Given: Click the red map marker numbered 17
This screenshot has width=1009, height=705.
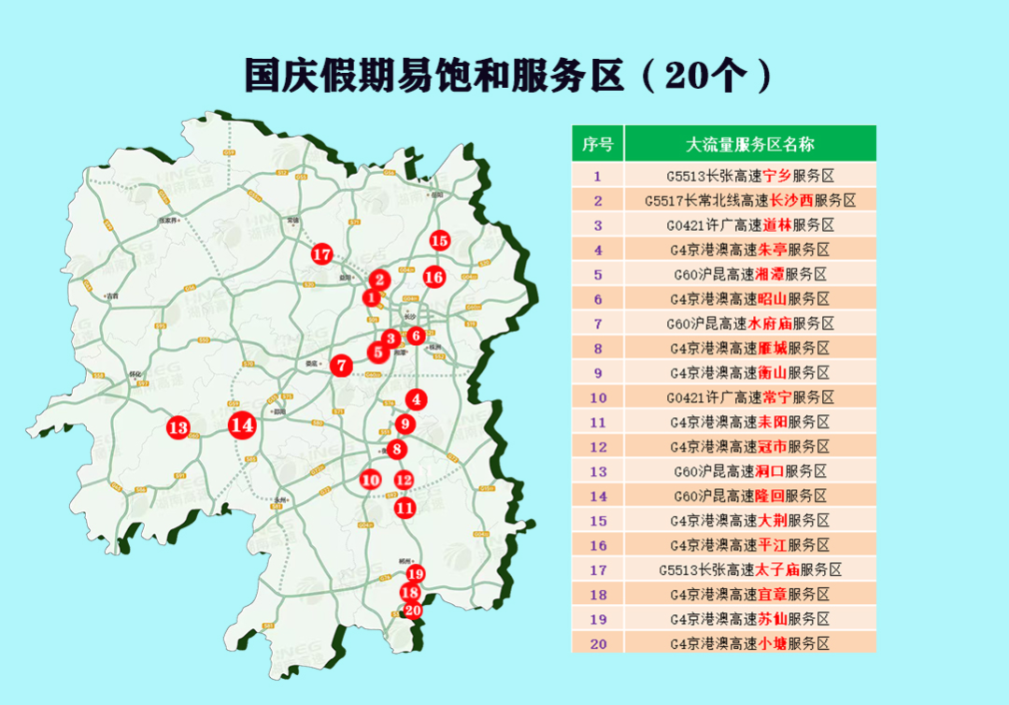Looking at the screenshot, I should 322,253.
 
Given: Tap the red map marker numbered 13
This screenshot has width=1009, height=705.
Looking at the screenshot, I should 178,428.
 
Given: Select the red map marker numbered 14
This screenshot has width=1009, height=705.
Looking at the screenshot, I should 242,424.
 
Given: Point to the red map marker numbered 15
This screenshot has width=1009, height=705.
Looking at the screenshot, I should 440,240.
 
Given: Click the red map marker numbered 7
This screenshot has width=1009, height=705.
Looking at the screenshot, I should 343,366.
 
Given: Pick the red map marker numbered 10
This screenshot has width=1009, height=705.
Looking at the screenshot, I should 371,480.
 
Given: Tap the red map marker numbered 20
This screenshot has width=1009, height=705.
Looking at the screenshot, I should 412,610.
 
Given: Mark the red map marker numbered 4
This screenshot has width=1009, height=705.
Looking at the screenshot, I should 417,399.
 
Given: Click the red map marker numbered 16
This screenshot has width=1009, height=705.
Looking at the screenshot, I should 433,277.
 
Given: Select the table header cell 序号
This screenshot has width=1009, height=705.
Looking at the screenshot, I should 598,144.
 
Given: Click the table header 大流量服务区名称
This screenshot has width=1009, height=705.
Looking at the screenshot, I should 750,144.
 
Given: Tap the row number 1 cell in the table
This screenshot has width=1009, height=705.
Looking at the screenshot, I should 598,176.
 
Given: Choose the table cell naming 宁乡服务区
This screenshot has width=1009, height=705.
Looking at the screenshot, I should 750,176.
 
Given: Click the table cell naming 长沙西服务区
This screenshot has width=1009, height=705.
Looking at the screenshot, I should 750,200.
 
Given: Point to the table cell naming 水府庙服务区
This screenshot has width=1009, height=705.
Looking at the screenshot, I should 750,324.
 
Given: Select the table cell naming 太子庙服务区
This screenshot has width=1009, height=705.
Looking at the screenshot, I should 750,569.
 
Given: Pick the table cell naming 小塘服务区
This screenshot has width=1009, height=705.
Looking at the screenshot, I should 750,643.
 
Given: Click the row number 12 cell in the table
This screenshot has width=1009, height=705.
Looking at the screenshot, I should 598,447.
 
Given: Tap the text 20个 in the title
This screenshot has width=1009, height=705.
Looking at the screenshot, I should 703,76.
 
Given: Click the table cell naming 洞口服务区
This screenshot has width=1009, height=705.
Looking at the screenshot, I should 750,471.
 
